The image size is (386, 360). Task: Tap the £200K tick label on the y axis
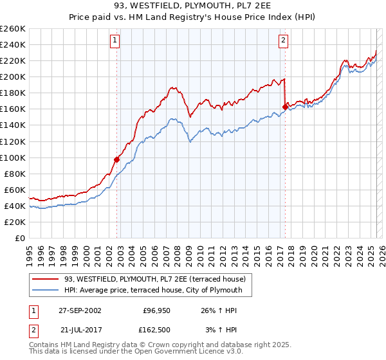(13, 76)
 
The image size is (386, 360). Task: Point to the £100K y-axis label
(13, 157)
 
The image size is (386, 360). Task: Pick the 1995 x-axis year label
(29, 251)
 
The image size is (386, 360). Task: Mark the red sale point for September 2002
(116, 159)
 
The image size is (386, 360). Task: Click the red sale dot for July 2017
(284, 107)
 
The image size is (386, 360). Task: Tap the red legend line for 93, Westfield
(45, 279)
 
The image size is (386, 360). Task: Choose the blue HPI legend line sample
(45, 291)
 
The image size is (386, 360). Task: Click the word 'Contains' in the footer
(44, 346)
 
